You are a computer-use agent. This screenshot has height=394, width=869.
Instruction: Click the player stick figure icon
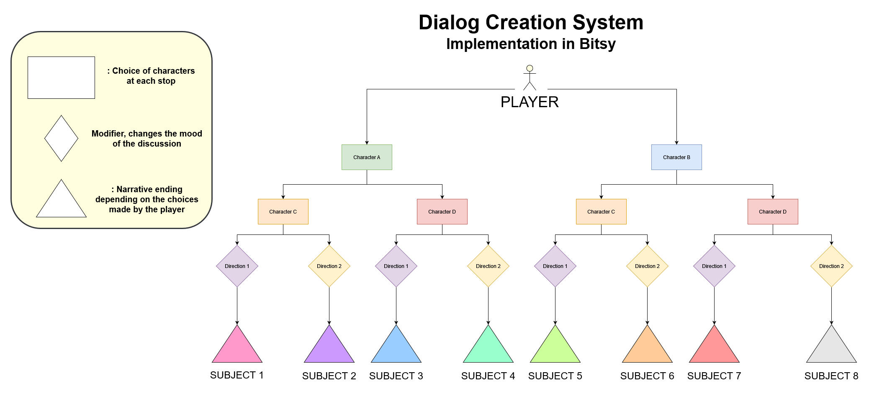[x=530, y=78]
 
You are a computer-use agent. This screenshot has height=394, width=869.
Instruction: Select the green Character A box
[x=367, y=157]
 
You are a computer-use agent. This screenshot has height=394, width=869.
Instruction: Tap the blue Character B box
[x=676, y=157]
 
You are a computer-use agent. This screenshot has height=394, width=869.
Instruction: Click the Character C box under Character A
[x=283, y=212]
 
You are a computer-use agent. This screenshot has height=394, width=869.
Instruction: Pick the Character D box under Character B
[x=773, y=212]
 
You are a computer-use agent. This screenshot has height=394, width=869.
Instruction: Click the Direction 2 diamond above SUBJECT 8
[x=831, y=266]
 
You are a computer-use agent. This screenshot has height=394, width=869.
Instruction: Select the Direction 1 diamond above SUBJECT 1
[x=237, y=266]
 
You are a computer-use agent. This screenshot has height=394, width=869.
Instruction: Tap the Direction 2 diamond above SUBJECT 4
[x=488, y=266]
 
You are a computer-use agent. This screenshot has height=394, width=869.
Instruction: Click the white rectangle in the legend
[x=61, y=78]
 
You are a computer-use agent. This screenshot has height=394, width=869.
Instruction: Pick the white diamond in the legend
[x=61, y=139]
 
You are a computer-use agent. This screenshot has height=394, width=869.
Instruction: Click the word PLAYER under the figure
[x=530, y=102]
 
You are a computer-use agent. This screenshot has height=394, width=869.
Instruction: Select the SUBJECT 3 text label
[x=396, y=376]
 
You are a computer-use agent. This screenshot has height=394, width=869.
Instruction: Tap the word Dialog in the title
[x=448, y=23]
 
